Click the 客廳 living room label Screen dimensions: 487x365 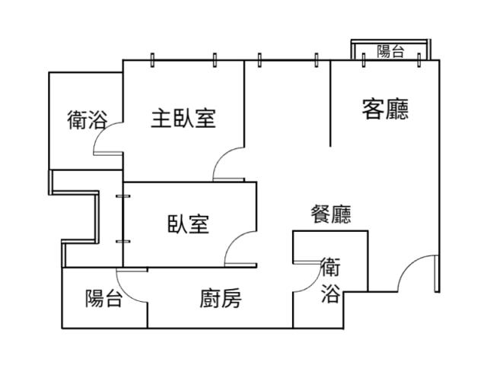(385, 109)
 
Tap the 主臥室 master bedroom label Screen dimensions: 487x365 (183, 119)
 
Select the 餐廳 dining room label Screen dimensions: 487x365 (331, 214)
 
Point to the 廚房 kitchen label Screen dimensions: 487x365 (221, 298)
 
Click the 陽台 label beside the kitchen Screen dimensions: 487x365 (103, 298)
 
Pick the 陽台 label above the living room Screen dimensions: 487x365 (390, 51)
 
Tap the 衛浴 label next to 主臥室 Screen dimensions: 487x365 (88, 120)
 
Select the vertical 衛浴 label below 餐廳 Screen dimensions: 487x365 (330, 281)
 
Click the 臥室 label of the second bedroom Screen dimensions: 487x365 (188, 224)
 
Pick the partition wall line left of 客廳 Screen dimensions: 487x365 (330, 103)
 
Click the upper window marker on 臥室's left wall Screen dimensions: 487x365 (123, 196)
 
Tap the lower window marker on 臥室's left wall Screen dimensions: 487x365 (123, 241)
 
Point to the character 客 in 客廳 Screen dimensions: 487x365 (373, 109)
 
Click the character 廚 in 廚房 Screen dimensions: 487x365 (210, 298)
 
